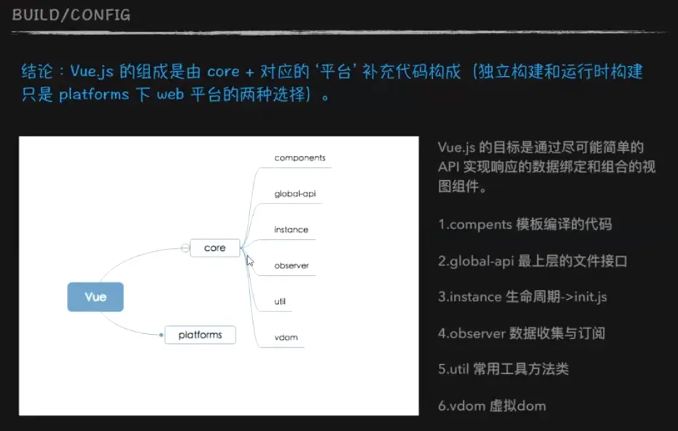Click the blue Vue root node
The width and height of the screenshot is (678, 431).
(x=96, y=297)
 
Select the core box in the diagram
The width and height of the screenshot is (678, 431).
(x=215, y=248)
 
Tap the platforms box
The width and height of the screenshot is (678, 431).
(x=200, y=335)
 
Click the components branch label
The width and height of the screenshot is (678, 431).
(x=300, y=158)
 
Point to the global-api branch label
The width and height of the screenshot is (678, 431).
(x=295, y=193)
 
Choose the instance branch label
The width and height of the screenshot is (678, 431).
(x=291, y=229)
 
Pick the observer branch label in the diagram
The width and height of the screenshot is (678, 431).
(x=292, y=265)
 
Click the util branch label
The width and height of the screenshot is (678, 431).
(x=280, y=301)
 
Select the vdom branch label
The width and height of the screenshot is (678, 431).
(x=286, y=337)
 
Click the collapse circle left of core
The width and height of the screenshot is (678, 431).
(x=185, y=248)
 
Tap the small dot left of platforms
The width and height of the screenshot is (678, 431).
(x=161, y=335)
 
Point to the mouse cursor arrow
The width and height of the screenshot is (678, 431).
(x=249, y=260)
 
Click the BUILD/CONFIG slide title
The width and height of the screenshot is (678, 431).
(x=71, y=15)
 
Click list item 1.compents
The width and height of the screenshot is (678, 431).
(x=525, y=224)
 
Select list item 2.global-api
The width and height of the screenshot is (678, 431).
(x=532, y=261)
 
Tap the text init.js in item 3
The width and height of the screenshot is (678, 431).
(x=591, y=297)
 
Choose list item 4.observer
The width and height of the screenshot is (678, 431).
(x=521, y=333)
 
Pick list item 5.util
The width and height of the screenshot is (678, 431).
(x=503, y=369)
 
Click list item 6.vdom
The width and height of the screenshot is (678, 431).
(x=492, y=406)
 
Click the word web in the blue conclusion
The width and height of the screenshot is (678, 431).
(x=171, y=94)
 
